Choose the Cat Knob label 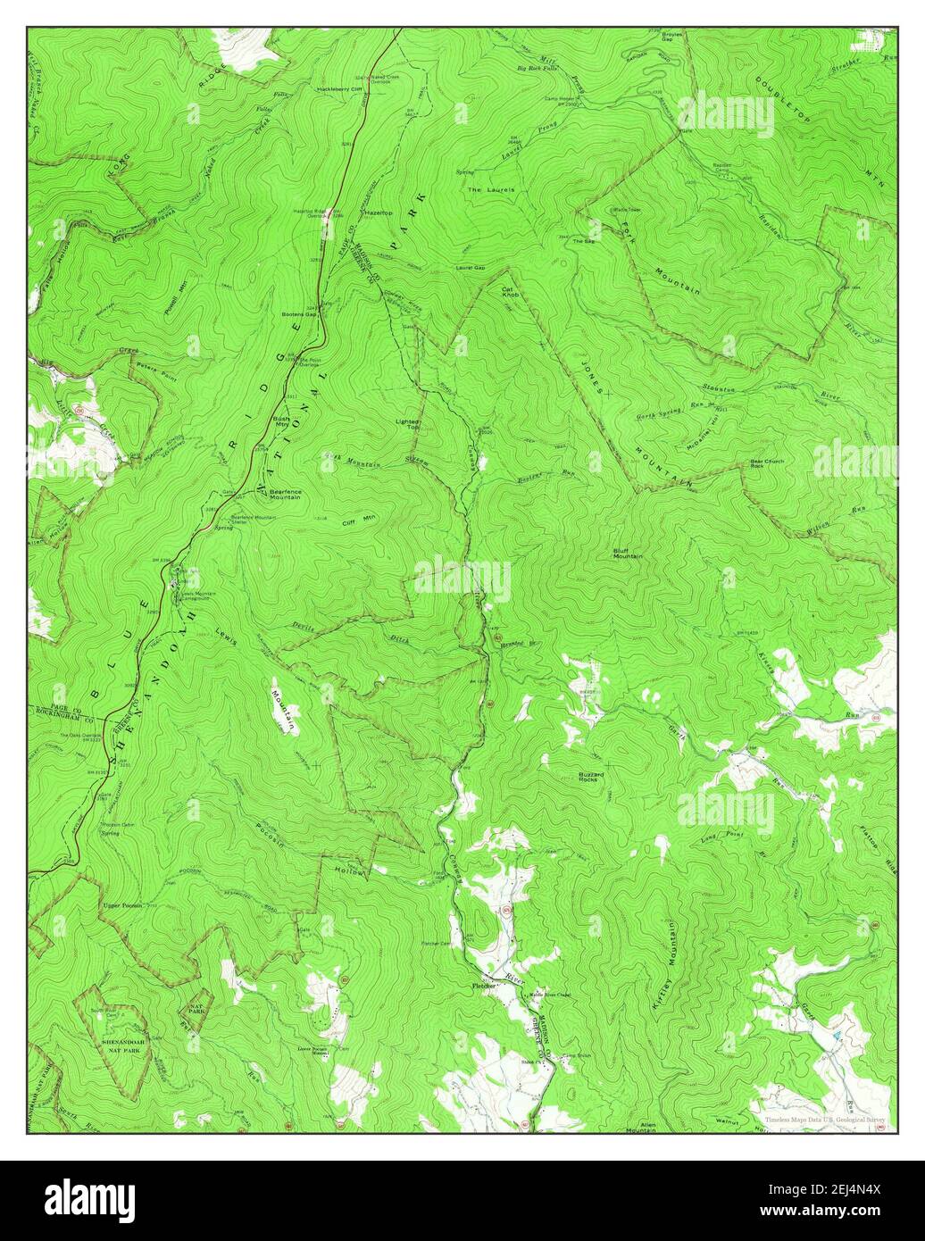pyautogui.click(x=509, y=292)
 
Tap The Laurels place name pyautogui.click(x=486, y=189)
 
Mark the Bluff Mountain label pyautogui.click(x=628, y=554)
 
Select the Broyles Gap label pyautogui.click(x=672, y=37)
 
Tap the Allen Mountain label pyautogui.click(x=641, y=1127)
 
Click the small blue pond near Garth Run pyautogui.click(x=836, y=1035)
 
